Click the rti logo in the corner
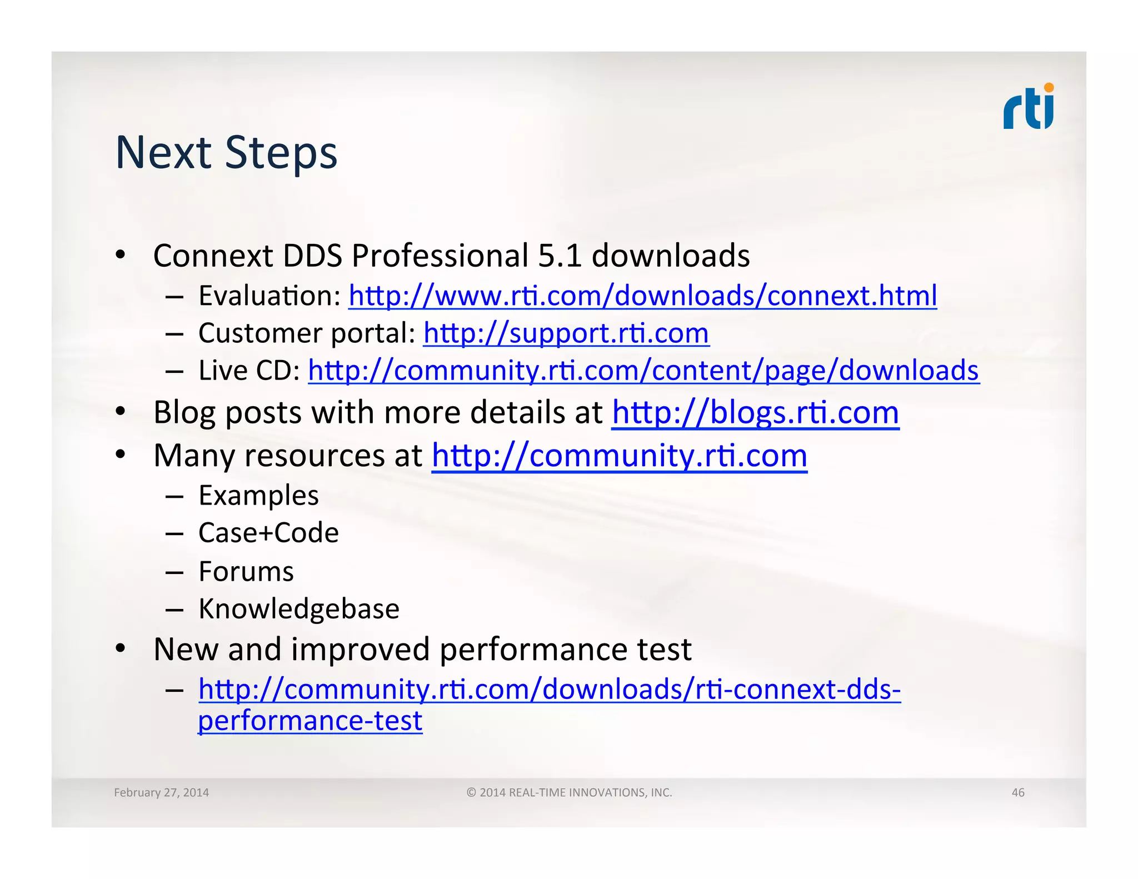(1028, 108)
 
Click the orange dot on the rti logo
(1049, 88)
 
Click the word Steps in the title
(281, 153)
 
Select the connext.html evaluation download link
(642, 296)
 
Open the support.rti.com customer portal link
(566, 333)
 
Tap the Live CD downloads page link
(643, 371)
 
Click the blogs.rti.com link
(755, 413)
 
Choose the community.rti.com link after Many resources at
(619, 456)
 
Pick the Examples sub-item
(258, 496)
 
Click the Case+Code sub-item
(268, 533)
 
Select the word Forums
(246, 572)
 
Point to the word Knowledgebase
(299, 609)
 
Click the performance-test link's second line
(310, 721)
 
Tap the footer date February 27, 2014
(161, 792)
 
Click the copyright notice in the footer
(569, 792)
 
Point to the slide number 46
(1017, 792)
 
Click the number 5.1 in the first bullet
(559, 256)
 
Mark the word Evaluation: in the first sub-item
(269, 296)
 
